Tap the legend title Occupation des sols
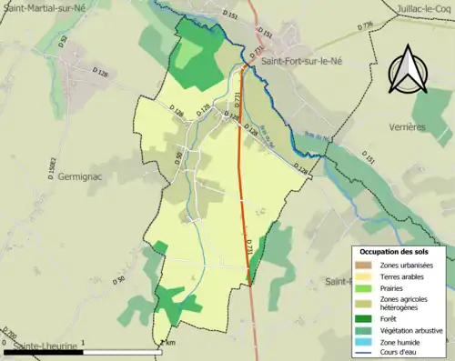click(400, 252)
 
